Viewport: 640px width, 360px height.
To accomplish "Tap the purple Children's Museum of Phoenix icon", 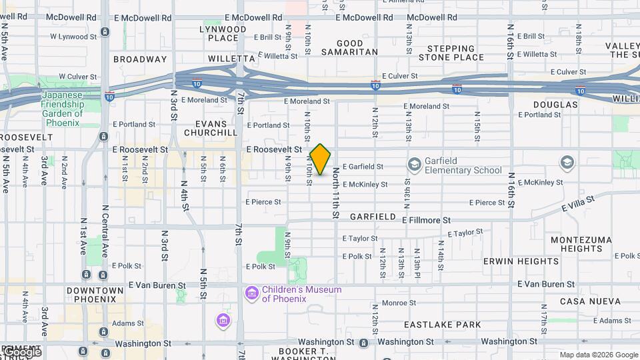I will [x=251, y=293].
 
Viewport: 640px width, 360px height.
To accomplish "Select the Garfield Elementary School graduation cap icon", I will [x=414, y=164].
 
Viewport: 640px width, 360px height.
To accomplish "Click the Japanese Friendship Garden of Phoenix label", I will [x=61, y=104].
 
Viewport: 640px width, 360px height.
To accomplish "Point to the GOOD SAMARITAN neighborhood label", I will [x=350, y=47].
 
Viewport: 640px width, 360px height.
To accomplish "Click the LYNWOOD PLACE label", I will [x=223, y=33].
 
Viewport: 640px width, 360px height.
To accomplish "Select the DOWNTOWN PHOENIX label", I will [x=95, y=295].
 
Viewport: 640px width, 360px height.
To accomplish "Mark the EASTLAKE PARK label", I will [x=442, y=325].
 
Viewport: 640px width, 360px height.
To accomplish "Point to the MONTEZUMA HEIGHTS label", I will [x=577, y=244].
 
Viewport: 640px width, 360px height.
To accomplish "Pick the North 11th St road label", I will [x=335, y=194].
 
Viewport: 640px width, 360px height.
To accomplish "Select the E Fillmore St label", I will [x=427, y=219].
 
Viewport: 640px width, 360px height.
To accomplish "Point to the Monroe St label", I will [x=399, y=303].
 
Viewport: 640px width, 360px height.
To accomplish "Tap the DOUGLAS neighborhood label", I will [x=555, y=105].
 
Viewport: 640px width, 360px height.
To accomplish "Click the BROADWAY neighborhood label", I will [x=140, y=59].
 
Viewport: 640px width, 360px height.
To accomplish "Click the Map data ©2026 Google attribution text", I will [x=598, y=355].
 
